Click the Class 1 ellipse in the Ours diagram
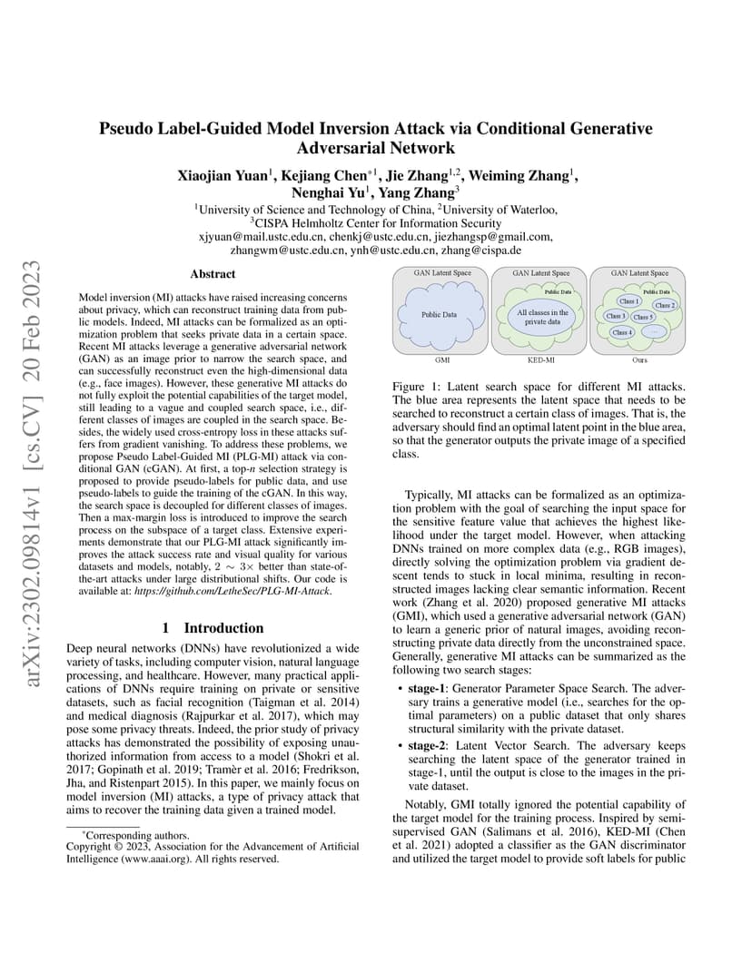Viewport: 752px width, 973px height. coord(628,300)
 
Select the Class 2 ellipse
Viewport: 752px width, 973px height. coord(664,306)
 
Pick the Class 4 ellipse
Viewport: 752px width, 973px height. coord(622,333)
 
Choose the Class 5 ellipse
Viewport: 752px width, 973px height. coord(643,317)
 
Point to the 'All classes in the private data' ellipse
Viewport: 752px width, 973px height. coord(542,318)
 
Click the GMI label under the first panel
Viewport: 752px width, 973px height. coord(443,360)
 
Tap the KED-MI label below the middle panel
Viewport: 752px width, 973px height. coord(541,360)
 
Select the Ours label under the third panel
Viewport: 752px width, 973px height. coord(639,360)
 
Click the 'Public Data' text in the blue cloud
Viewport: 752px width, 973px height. coord(438,315)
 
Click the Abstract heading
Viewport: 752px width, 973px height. coord(213,273)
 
